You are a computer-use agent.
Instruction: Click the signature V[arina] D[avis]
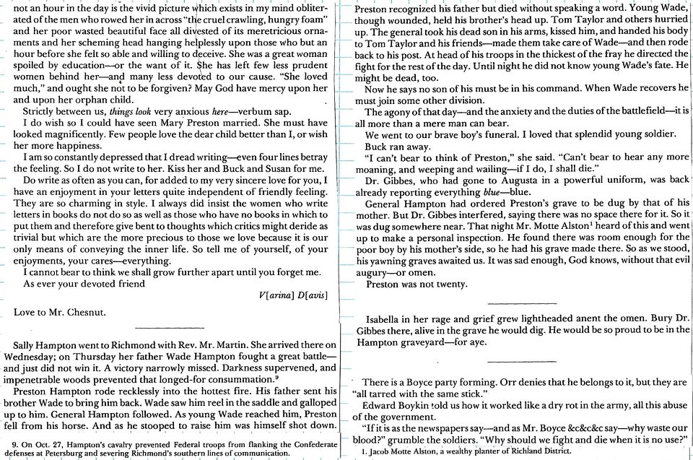point(293,297)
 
